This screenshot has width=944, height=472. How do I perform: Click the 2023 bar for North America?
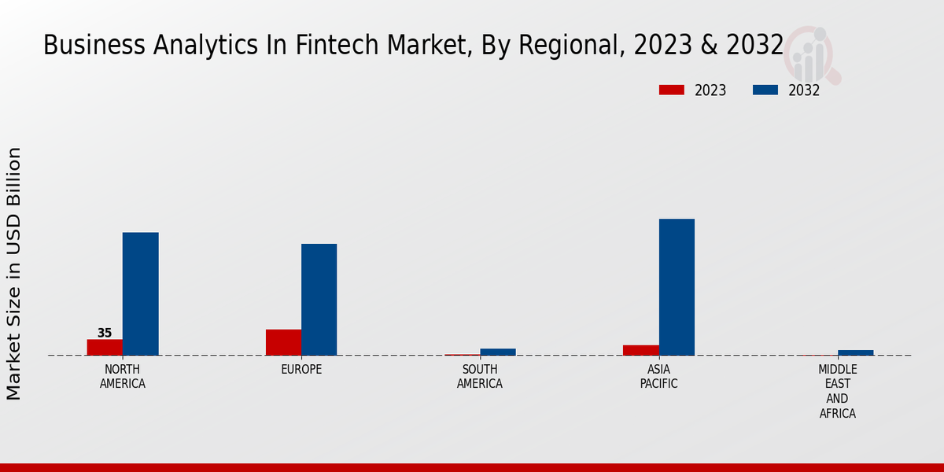[x=105, y=347]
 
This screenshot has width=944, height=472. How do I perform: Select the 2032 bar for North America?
[x=140, y=293]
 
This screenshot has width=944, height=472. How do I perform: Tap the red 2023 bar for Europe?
[x=283, y=342]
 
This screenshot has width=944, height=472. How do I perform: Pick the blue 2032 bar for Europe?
[x=319, y=299]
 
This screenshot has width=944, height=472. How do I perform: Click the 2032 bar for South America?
[x=497, y=352]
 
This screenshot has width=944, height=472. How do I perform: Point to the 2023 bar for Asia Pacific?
[x=640, y=350]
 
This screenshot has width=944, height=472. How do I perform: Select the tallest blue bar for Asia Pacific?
[x=677, y=286]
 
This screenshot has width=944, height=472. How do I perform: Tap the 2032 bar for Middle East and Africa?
[x=855, y=352]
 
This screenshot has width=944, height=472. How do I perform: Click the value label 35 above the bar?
[x=105, y=333]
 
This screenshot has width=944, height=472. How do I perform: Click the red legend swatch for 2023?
[x=671, y=90]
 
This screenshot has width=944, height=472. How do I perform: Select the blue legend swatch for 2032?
[x=765, y=90]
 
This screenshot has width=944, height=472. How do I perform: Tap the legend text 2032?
[x=804, y=90]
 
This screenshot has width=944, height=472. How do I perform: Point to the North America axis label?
[x=123, y=376]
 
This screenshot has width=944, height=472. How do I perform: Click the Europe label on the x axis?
[x=301, y=369]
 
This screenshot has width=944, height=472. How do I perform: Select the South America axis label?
[x=480, y=376]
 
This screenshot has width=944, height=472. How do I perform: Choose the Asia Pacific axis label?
[x=658, y=376]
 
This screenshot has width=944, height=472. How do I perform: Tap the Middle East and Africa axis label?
[x=837, y=391]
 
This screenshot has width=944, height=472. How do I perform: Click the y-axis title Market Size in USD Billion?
[x=14, y=273]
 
